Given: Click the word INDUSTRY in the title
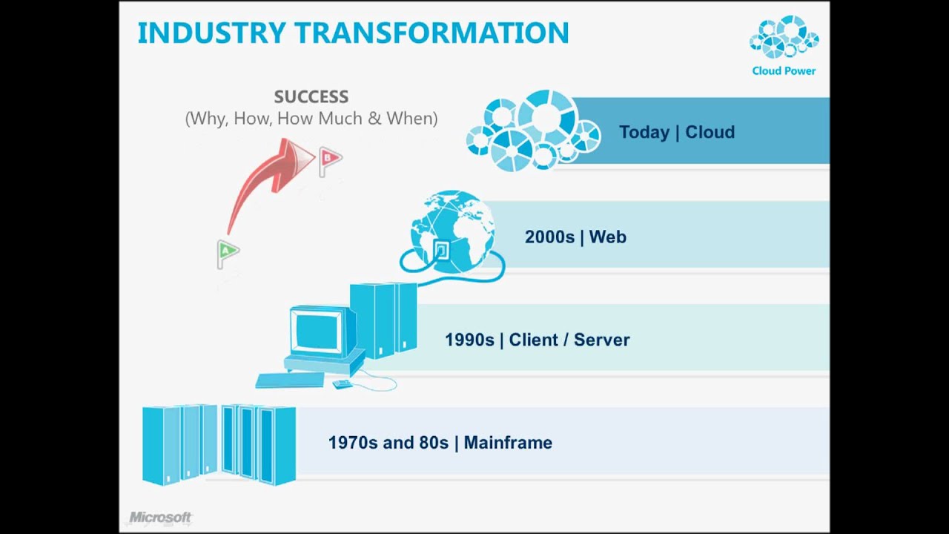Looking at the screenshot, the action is point(212,33).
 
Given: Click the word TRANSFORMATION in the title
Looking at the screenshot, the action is point(431,33).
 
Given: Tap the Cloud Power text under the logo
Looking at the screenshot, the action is point(784,70).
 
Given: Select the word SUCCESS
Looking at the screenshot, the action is point(311,96).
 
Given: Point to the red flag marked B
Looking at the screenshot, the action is point(330,161).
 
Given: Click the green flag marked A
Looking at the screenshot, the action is point(228,254).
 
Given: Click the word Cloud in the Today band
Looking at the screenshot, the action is point(710,132).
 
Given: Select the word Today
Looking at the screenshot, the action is point(644,132).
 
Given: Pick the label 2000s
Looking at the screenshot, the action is point(549,237).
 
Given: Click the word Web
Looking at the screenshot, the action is point(607,237).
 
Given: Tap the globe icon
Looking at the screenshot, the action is point(452,231).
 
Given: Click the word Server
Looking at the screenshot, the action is point(601,340).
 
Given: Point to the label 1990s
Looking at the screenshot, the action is point(469,340).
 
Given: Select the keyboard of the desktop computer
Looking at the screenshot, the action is point(290,380).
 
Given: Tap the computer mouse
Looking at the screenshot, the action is point(343,384).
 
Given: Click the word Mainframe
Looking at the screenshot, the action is point(508,443).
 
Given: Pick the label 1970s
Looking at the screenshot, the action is point(352,443).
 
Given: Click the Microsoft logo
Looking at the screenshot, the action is point(160,518).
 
